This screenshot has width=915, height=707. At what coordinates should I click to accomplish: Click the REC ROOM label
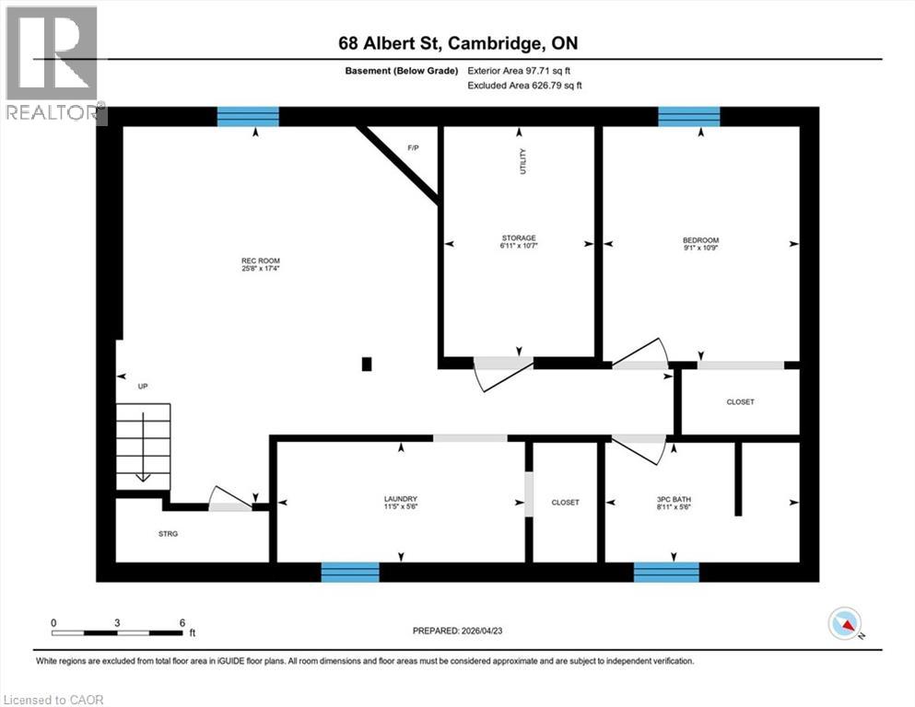(249, 261)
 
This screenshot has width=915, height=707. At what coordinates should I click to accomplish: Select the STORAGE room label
(519, 238)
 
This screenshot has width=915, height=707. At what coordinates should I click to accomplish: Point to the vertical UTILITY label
(523, 163)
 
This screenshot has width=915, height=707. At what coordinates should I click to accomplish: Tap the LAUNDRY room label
(401, 500)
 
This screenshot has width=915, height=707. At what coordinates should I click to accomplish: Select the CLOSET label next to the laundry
(565, 503)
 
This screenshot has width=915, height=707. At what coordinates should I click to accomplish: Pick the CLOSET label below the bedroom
(740, 402)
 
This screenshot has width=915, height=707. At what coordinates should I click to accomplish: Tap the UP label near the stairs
(143, 387)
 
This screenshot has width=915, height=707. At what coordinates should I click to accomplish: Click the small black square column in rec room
(367, 364)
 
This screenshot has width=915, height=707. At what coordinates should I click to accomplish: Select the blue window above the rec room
(248, 116)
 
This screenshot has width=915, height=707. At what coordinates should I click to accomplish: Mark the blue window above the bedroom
(688, 116)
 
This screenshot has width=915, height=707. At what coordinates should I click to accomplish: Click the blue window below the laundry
(350, 572)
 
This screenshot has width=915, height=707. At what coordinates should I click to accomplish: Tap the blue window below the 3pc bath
(666, 572)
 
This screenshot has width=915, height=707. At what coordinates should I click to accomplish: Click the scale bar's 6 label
(182, 623)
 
